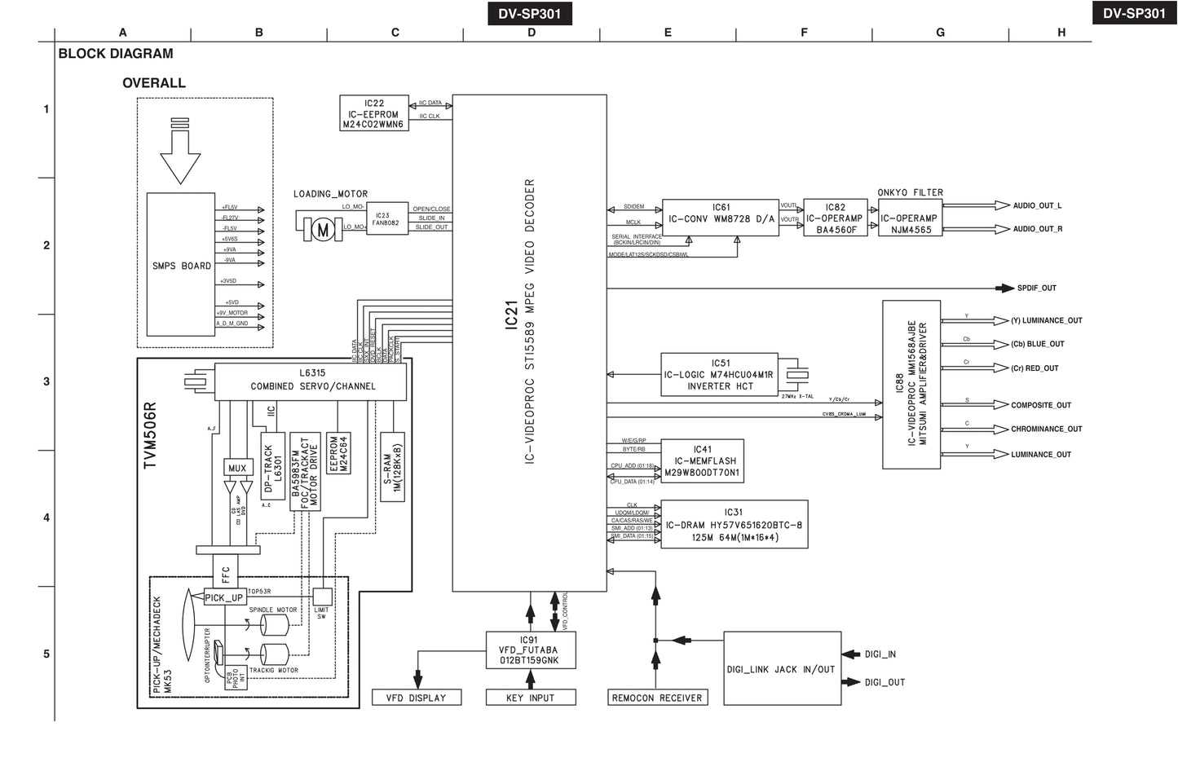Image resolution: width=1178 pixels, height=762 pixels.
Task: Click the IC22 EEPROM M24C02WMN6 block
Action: click(x=373, y=113)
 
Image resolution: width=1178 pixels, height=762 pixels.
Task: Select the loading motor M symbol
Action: click(x=323, y=230)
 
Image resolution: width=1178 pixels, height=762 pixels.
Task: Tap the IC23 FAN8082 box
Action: click(x=386, y=219)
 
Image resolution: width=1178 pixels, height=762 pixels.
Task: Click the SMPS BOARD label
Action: click(x=181, y=266)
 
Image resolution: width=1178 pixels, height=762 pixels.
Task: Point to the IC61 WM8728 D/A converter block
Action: click(x=721, y=218)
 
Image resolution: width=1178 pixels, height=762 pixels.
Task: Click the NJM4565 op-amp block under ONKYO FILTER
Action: click(x=910, y=218)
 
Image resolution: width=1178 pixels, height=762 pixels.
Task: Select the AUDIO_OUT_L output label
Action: click(x=1037, y=206)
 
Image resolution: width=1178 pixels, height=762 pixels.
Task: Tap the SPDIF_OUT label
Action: click(x=1036, y=288)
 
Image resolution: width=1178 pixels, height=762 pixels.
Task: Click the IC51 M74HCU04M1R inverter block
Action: click(x=719, y=375)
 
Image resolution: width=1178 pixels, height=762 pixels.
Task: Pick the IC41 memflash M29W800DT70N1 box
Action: click(x=702, y=460)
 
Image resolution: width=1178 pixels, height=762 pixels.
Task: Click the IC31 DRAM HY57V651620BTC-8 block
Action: click(x=734, y=524)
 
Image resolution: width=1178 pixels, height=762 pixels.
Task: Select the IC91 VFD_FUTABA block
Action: click(x=529, y=650)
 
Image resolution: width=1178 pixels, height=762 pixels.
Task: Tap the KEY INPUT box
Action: click(x=530, y=698)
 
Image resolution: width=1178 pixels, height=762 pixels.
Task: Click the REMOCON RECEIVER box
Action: click(x=656, y=698)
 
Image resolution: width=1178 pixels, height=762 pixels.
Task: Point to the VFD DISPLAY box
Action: click(x=416, y=698)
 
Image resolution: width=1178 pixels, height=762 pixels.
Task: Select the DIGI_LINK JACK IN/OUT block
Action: click(x=781, y=668)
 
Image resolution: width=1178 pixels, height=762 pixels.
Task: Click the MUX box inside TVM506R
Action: click(x=237, y=468)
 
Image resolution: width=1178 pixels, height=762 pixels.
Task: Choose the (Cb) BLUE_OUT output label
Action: click(x=1037, y=344)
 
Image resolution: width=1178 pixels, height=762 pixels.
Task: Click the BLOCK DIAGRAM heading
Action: click(x=116, y=54)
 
